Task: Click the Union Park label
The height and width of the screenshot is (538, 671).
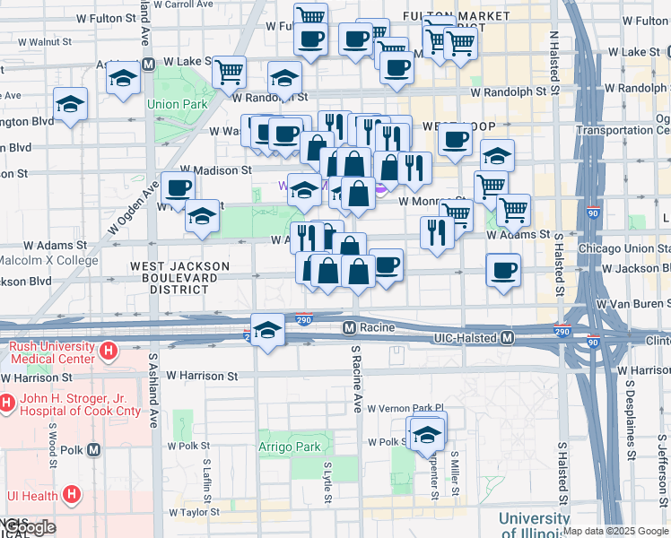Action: (178, 105)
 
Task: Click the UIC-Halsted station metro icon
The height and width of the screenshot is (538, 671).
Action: (507, 338)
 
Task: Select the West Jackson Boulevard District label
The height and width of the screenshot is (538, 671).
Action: (179, 277)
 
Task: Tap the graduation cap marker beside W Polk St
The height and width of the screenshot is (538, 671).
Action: (428, 434)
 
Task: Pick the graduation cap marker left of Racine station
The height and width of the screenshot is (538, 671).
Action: (267, 330)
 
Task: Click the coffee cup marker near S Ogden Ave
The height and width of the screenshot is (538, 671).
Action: (178, 188)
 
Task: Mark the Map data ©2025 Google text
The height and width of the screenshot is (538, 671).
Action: (615, 531)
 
